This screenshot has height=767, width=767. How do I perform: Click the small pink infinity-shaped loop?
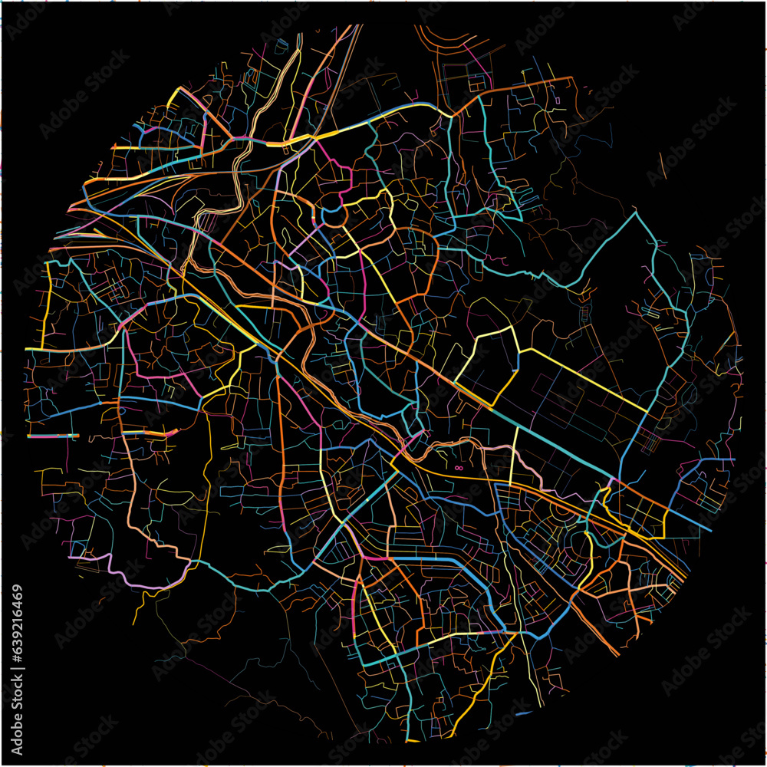(459, 468)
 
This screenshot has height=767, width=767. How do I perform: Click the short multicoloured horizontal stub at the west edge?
(54, 436)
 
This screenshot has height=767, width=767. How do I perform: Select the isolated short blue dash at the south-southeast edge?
(524, 714)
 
